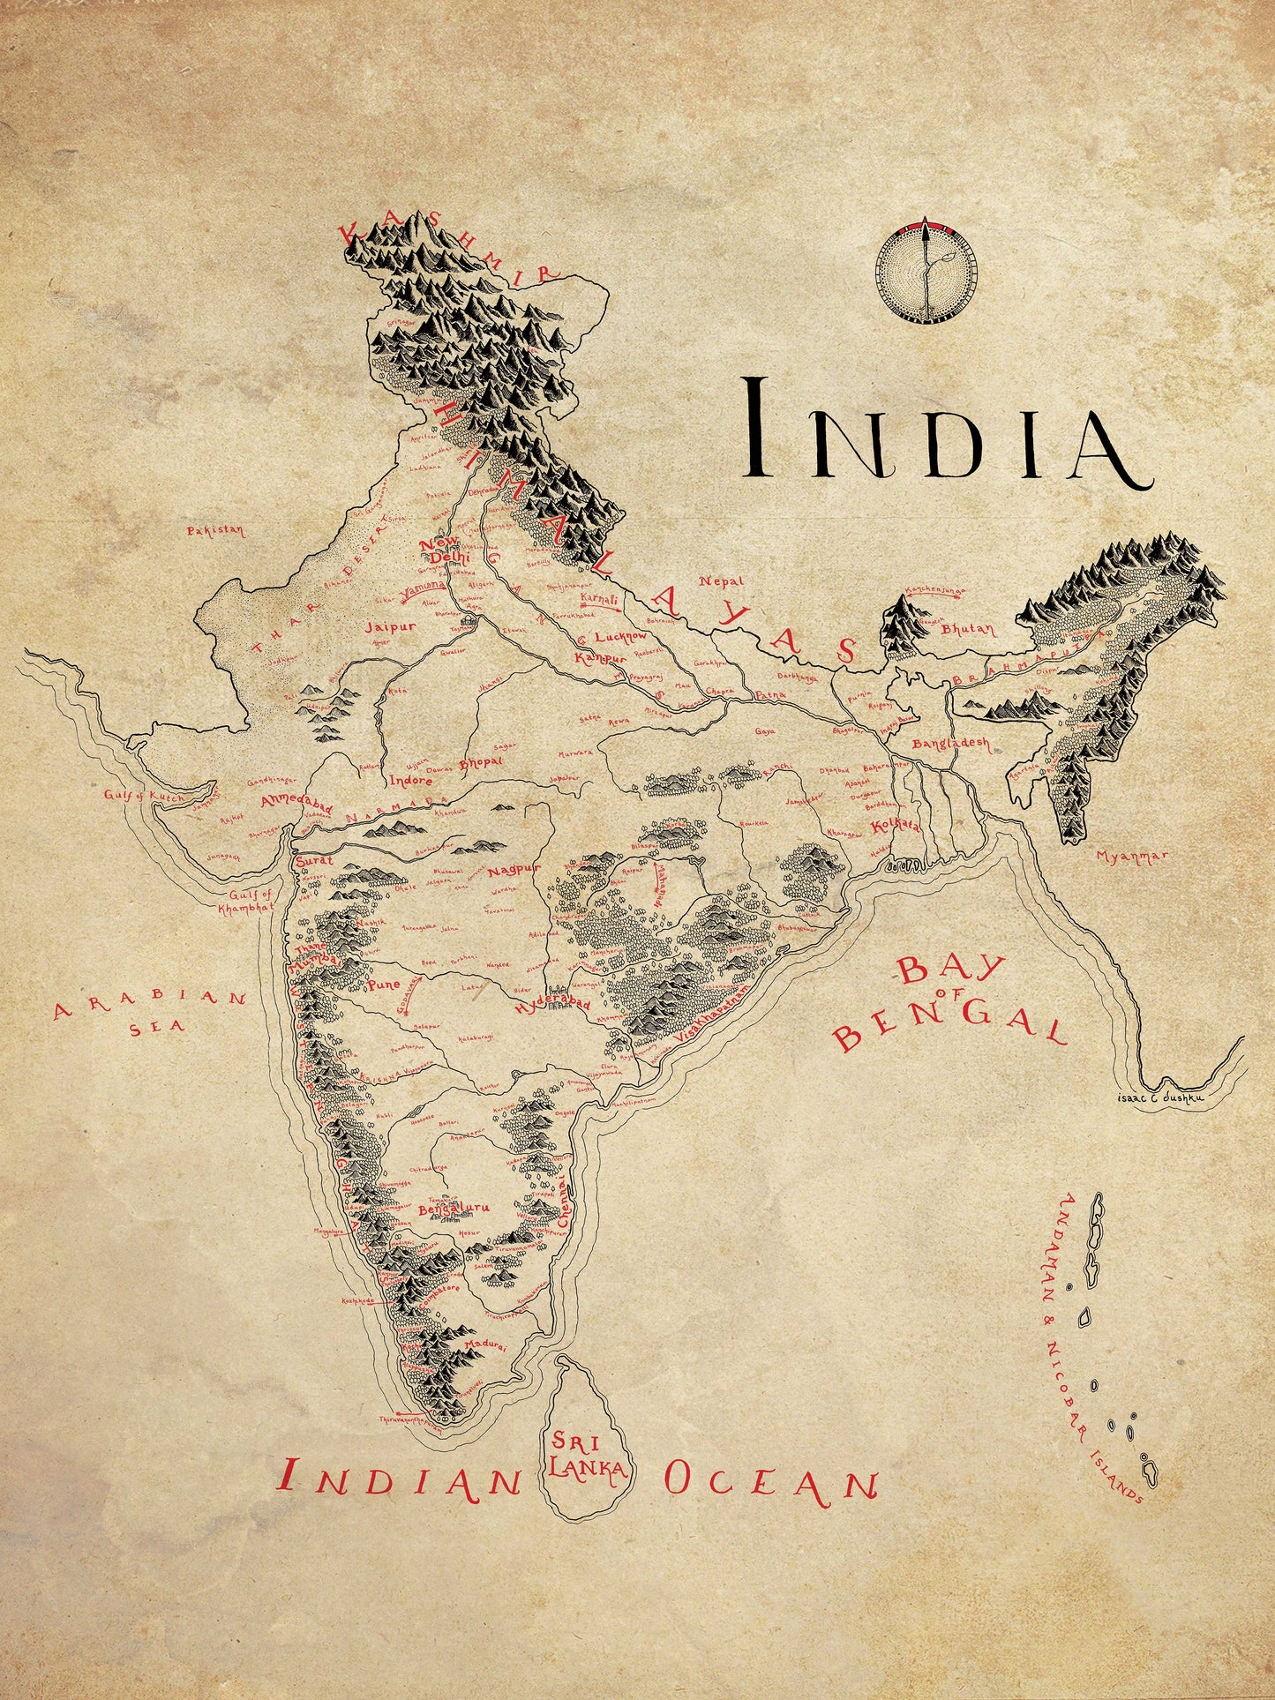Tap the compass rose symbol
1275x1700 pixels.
click(x=926, y=272)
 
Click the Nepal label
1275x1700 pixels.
click(x=721, y=581)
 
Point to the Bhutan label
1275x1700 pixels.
click(x=967, y=630)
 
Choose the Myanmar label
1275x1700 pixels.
click(x=1131, y=856)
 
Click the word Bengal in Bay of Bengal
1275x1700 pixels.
click(x=949, y=1028)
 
